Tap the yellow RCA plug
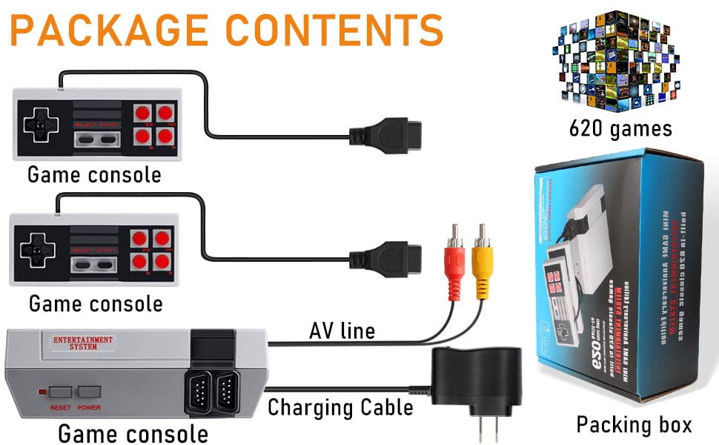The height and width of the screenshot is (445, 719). (483, 260)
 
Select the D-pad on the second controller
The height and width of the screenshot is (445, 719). (34, 250)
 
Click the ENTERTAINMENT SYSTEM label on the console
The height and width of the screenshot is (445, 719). (83, 343)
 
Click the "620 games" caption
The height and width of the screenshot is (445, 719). (620, 129)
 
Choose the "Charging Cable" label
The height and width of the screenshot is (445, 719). (340, 407)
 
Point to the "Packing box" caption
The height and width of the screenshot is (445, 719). (634, 424)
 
